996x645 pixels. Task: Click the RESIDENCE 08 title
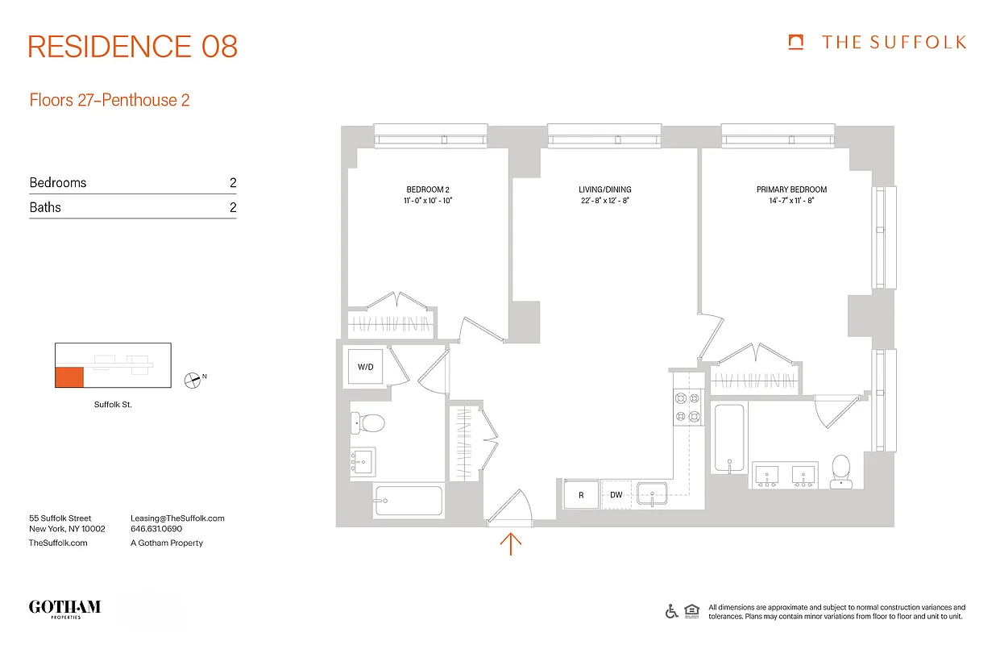click(133, 47)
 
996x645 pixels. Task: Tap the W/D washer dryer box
click(366, 367)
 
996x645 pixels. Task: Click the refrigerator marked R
click(581, 495)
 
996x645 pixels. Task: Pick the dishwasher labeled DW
click(616, 495)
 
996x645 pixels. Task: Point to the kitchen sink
click(655, 493)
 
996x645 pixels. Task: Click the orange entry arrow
click(511, 543)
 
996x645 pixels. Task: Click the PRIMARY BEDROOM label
click(791, 189)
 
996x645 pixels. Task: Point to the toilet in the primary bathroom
click(841, 471)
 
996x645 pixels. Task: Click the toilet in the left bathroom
click(370, 422)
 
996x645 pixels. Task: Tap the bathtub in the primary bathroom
click(729, 439)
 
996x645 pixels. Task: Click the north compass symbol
click(192, 379)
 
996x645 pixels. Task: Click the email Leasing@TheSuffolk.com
click(177, 518)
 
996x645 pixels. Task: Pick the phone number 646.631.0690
click(156, 530)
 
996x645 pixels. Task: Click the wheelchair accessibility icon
click(671, 611)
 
